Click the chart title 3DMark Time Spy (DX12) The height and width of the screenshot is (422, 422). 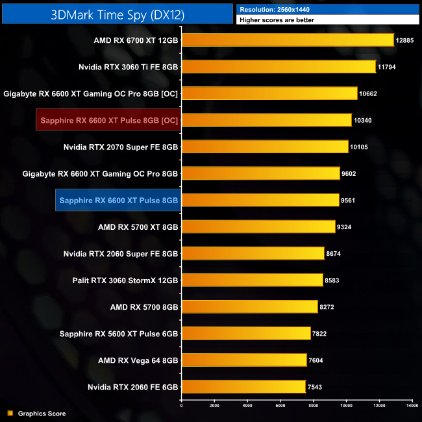tap(116, 15)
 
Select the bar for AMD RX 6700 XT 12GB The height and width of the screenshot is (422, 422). tap(288, 40)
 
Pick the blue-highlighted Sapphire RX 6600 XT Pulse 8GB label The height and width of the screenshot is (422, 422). tap(118, 201)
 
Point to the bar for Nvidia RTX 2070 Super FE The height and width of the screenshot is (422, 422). tap(265, 147)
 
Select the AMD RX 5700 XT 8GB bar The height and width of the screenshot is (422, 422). tap(258, 227)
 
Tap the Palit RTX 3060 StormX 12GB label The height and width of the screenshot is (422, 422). tap(125, 280)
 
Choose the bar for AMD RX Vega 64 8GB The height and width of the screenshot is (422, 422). tap(244, 360)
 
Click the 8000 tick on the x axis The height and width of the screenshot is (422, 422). tap(313, 406)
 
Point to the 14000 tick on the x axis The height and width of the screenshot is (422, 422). tap(412, 406)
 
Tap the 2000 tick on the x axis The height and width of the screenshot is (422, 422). tap(214, 406)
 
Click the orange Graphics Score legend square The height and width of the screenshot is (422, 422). tap(10, 414)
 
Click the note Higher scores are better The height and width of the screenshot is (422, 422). tap(277, 21)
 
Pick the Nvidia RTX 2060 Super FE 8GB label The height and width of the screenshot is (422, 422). tap(121, 254)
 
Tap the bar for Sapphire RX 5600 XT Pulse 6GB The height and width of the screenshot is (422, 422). tap(246, 334)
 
